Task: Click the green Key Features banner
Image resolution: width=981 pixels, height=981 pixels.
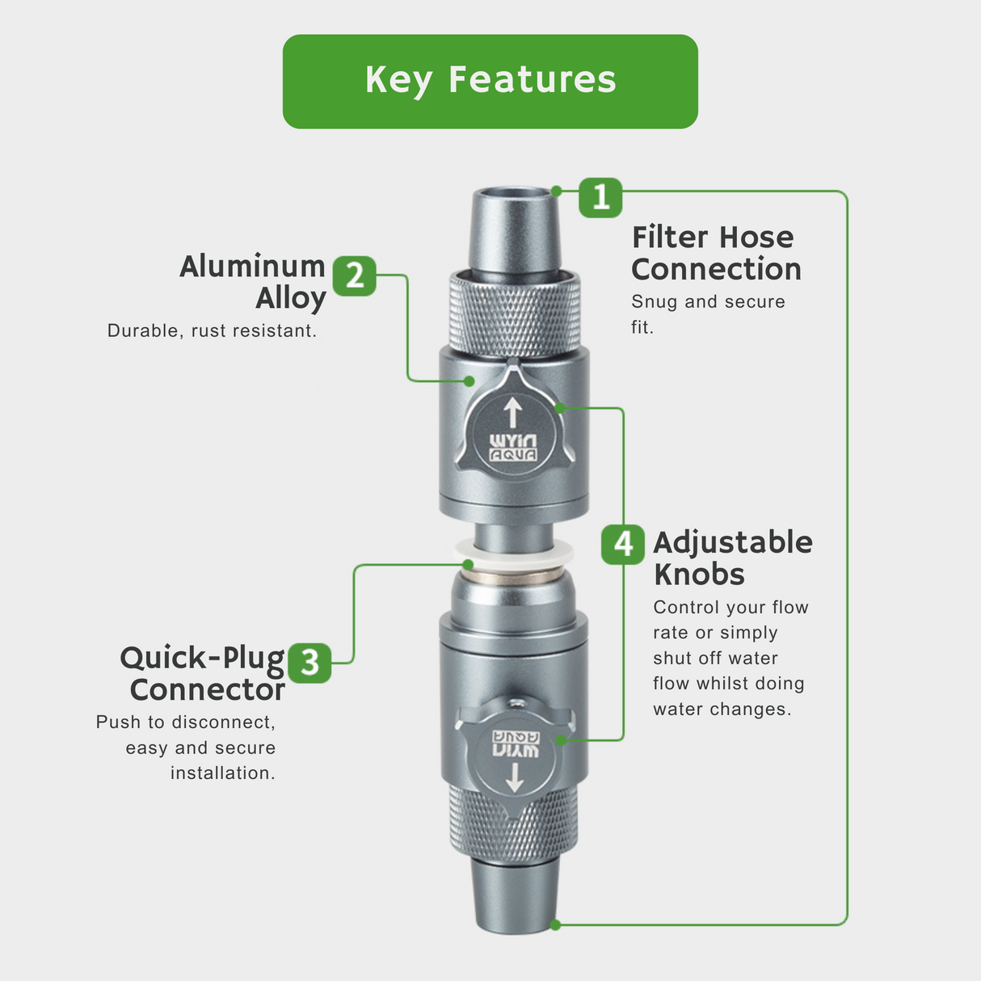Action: tap(490, 81)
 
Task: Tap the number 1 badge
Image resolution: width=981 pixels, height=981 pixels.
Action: tap(600, 197)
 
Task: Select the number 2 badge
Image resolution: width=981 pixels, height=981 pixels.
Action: tap(354, 276)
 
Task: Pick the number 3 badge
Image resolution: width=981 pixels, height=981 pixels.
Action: tap(309, 663)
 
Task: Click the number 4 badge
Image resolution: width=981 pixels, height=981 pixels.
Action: tap(623, 544)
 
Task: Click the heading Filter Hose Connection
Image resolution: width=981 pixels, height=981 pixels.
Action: tap(715, 253)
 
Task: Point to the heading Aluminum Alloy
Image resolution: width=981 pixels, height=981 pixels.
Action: tap(253, 281)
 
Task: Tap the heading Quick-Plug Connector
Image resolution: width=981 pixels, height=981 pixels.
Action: tap(204, 673)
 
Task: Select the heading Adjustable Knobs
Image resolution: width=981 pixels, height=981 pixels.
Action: tap(732, 558)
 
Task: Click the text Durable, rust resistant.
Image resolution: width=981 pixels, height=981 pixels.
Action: tap(212, 331)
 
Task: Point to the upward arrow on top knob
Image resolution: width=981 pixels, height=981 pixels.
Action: tap(512, 412)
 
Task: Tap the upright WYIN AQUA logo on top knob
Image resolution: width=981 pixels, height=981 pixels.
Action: tap(513, 448)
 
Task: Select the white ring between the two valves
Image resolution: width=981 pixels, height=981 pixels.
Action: tap(514, 553)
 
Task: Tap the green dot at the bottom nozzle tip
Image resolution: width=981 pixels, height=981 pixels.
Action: tap(555, 924)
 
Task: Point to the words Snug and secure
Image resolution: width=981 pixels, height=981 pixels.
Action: tap(708, 301)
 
